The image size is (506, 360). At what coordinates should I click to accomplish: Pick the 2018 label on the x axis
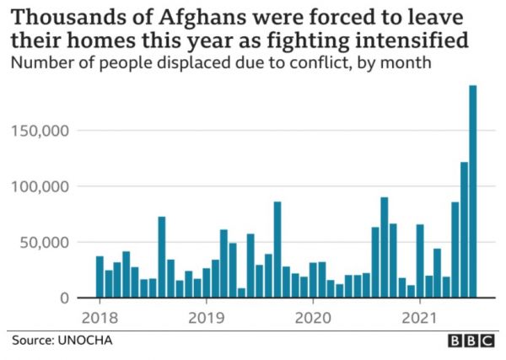click(100, 318)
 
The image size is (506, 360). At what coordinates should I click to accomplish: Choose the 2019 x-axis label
click(206, 318)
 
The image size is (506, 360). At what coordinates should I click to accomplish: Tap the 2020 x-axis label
click(313, 318)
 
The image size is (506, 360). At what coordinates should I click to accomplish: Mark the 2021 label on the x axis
click(419, 318)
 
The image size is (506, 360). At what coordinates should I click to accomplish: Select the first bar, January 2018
click(100, 277)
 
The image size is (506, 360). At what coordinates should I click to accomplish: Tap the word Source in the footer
click(31, 341)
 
